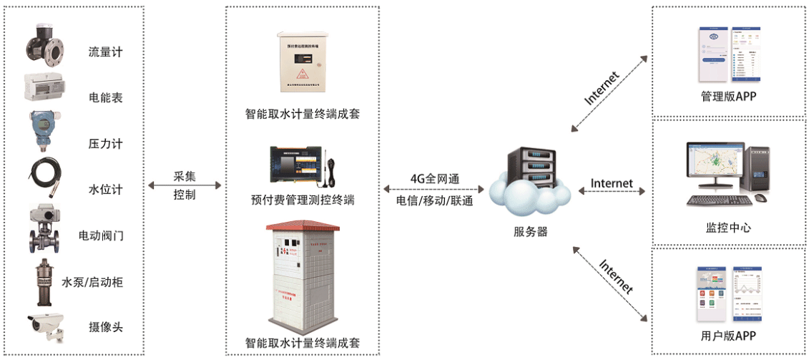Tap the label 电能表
[x=105, y=97]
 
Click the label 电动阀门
[x=101, y=235]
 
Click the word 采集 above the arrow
[x=184, y=175]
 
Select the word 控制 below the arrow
[x=184, y=194]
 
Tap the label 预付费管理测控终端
[x=303, y=200]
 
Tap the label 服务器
[x=530, y=231]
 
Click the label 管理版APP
[x=727, y=97]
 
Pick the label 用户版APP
[x=727, y=336]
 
